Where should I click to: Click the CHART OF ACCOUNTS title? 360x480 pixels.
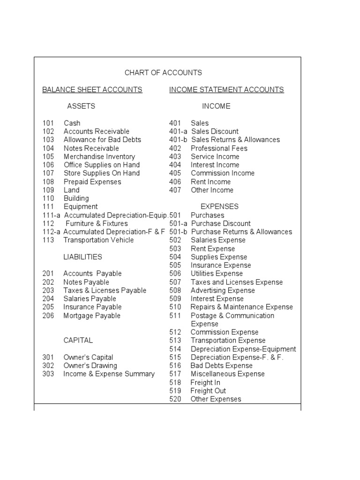[x=163, y=73]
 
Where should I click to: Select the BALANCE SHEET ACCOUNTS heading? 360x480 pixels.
[x=92, y=90]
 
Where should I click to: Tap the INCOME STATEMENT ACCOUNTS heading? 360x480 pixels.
[x=226, y=90]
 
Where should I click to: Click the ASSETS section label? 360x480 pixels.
[x=81, y=106]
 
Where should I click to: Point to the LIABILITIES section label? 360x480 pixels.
[x=82, y=257]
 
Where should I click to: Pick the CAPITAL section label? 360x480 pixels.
[x=78, y=340]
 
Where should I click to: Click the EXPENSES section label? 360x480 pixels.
[x=219, y=207]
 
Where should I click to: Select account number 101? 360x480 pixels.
[x=48, y=123]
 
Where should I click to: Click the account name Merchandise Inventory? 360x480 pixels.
[x=99, y=157]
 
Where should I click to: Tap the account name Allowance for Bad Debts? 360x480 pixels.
[x=102, y=140]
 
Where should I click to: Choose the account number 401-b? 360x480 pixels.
[x=178, y=140]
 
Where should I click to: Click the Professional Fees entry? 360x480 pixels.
[x=219, y=148]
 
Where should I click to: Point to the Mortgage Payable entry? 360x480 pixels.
[x=92, y=315]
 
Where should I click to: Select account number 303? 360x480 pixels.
[x=48, y=374]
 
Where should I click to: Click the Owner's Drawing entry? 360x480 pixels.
[x=90, y=366]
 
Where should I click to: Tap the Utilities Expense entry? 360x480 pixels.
[x=217, y=274]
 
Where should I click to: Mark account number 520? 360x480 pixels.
[x=175, y=399]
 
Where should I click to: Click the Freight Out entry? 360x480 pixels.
[x=208, y=391]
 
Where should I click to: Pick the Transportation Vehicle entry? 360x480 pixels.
[x=98, y=240]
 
